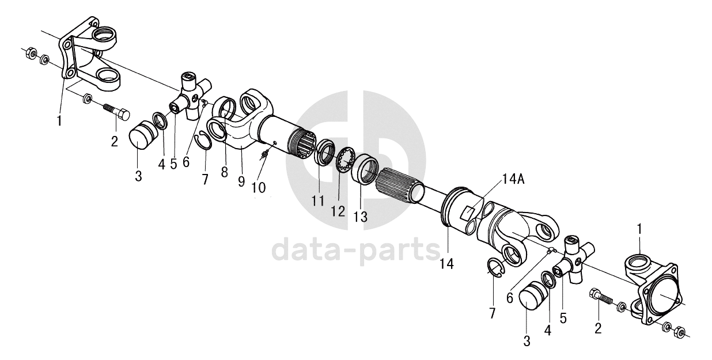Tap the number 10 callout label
258,188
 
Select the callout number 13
360,217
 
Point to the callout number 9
241,181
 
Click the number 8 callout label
225,172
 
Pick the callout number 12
338,211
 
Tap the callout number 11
318,201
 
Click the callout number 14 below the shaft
446,264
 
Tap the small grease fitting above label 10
264,155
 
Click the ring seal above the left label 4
162,121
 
